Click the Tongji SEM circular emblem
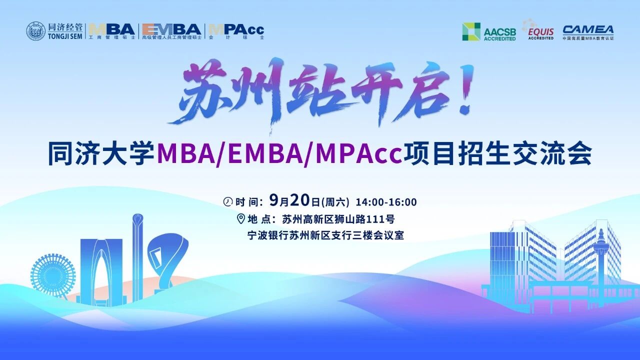click(35, 31)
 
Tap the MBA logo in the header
click(112, 31)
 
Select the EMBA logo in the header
click(171, 31)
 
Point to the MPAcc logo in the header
click(236, 31)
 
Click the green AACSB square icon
click(471, 31)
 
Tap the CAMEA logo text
click(588, 30)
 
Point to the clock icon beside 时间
click(227, 201)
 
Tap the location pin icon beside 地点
click(241, 219)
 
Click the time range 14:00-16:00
click(386, 202)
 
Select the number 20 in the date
click(300, 200)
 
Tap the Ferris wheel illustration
click(52, 274)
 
